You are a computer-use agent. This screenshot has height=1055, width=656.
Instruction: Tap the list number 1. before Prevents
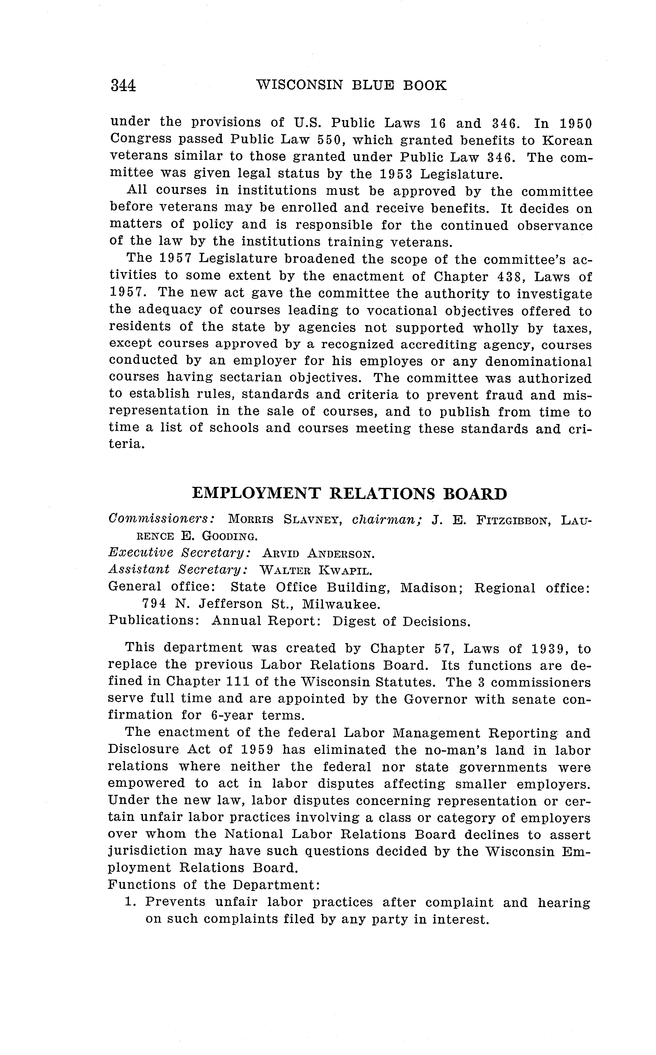point(131,902)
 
